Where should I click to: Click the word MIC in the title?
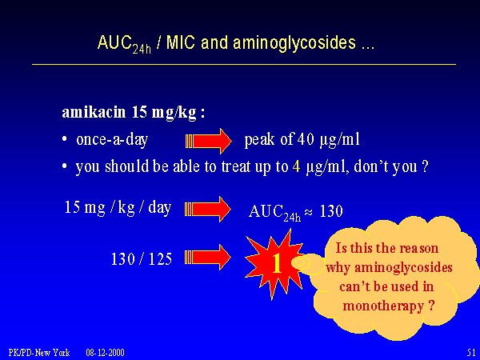[x=180, y=42]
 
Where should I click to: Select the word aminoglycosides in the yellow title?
[x=294, y=42]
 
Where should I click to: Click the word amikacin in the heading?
[x=94, y=112]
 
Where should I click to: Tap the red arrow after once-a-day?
[x=209, y=141]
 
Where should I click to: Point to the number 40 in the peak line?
[x=306, y=139]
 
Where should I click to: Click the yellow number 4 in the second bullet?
[x=296, y=167]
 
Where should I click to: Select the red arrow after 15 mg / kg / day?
[x=208, y=210]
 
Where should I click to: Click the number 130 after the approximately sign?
[x=331, y=211]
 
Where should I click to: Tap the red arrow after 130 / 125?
[x=208, y=258]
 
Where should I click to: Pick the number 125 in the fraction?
[x=160, y=258]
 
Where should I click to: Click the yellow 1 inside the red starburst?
[x=277, y=262]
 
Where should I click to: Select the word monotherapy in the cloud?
[x=383, y=306]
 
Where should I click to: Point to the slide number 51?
[x=471, y=352]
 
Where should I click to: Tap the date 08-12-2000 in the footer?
[x=105, y=353]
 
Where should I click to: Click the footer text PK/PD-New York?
[x=39, y=353]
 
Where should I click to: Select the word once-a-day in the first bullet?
[x=112, y=139]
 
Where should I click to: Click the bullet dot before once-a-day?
[x=64, y=139]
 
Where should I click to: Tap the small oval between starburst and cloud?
[x=300, y=262]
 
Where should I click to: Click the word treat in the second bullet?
[x=238, y=167]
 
